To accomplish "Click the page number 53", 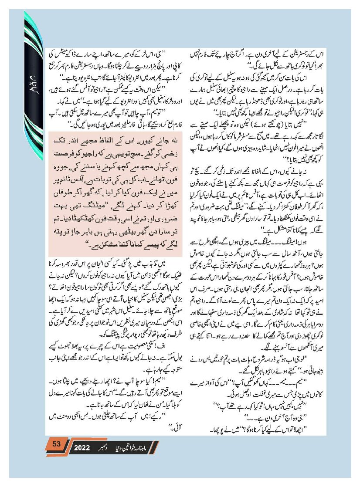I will point(56,444).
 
